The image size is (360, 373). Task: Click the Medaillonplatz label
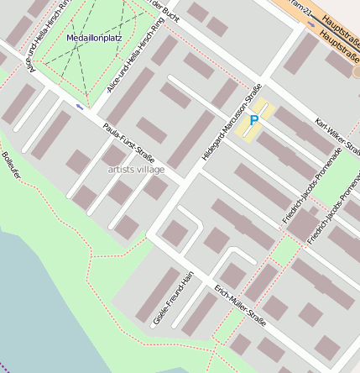pos(94,38)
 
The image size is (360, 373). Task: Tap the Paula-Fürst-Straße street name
pos(128,144)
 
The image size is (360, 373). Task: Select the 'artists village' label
pos(136,169)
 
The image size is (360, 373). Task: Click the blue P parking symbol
pos(254,122)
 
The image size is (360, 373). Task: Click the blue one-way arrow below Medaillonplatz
pos(80,107)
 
